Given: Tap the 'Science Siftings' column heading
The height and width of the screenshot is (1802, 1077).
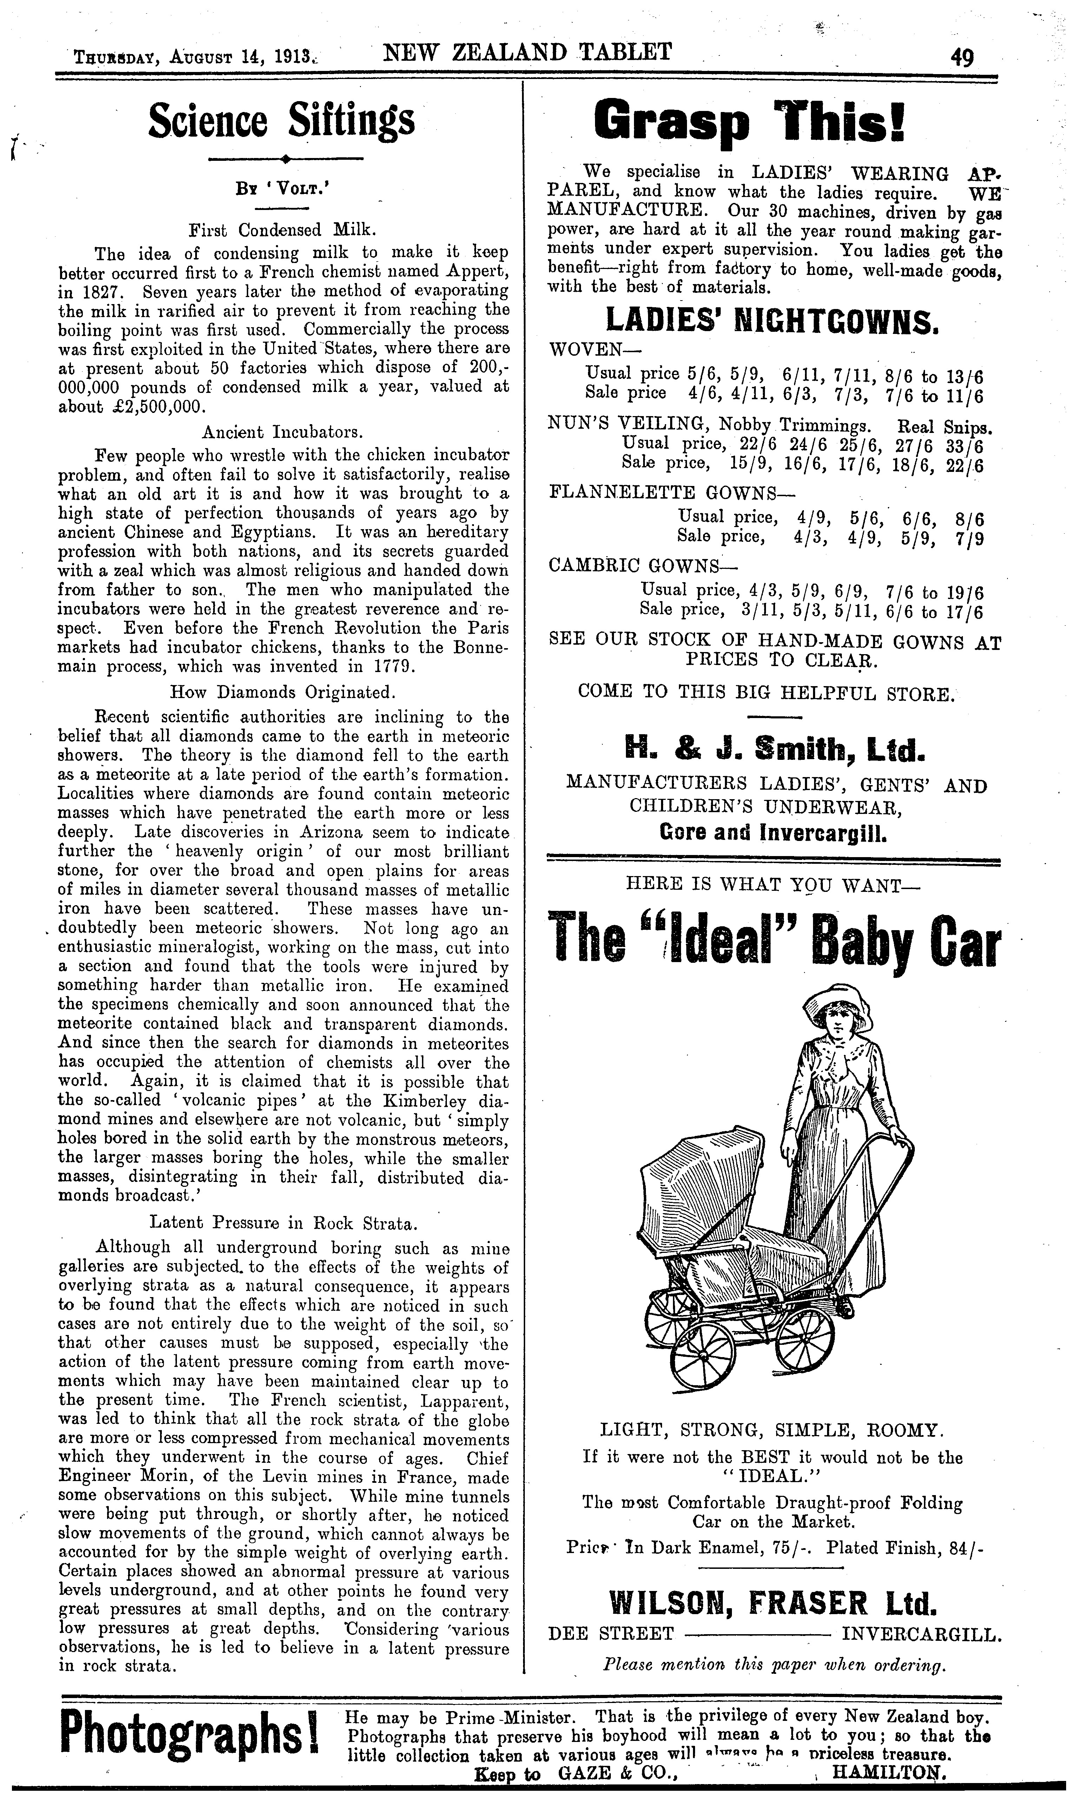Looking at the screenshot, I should (282, 120).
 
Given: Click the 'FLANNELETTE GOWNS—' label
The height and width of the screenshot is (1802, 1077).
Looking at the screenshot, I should (672, 493).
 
